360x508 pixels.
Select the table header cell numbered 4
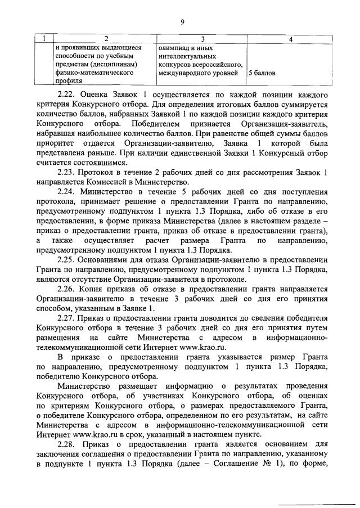click(x=290, y=38)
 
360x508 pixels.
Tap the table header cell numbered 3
click(x=202, y=38)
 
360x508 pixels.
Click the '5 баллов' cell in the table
click(x=262, y=73)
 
